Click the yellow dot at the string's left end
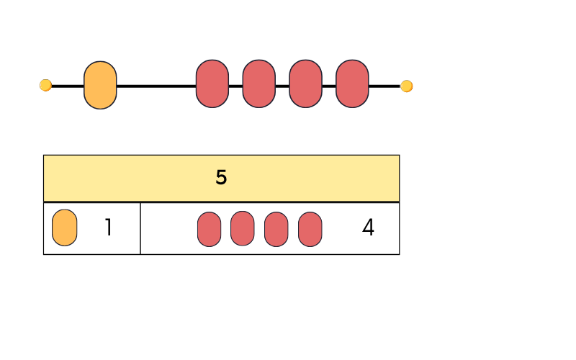(x=45, y=86)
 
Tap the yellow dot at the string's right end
(x=407, y=86)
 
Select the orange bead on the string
(x=100, y=85)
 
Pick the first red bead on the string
(x=212, y=84)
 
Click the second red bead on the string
(x=259, y=84)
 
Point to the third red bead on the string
(x=305, y=84)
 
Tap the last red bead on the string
(x=352, y=84)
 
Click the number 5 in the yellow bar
(x=221, y=178)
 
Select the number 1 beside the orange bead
(x=108, y=228)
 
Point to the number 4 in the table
(x=368, y=228)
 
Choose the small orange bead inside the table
(x=65, y=228)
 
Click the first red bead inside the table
(x=209, y=229)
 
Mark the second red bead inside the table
(x=243, y=228)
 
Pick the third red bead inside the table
(x=276, y=229)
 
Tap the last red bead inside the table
(x=310, y=229)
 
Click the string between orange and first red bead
(x=156, y=86)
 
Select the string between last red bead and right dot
(x=384, y=86)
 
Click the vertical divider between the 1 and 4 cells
(x=140, y=228)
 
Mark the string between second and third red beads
(x=282, y=86)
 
